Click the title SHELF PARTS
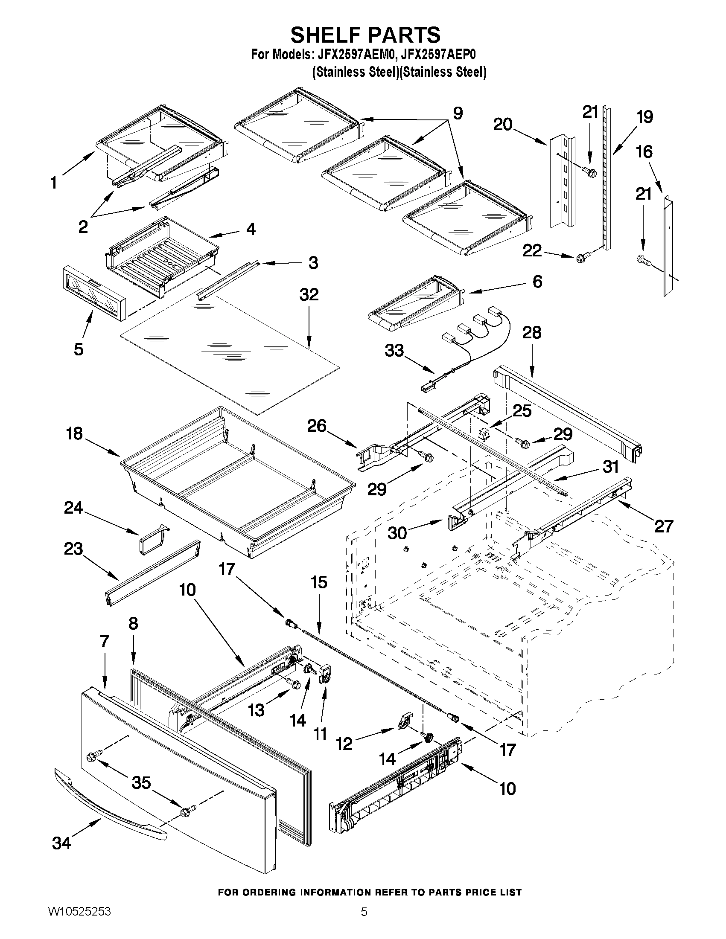365,35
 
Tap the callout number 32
309,294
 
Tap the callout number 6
537,282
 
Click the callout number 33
394,350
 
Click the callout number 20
503,125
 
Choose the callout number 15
319,583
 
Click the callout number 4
251,229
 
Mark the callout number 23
73,549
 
